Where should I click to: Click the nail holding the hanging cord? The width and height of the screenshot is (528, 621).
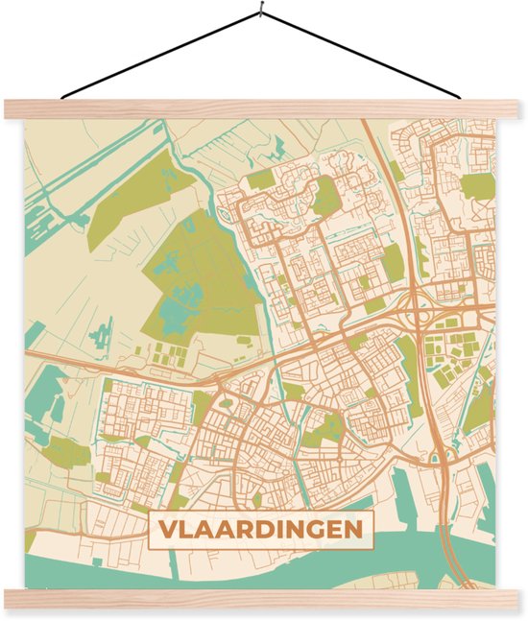click(262, 12)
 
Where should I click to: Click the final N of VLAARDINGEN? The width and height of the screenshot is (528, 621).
click(354, 531)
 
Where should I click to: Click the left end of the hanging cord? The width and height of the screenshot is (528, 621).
click(62, 97)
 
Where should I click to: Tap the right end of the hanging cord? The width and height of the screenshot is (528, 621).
click(465, 97)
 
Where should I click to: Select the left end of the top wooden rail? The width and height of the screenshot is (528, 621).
click(8, 108)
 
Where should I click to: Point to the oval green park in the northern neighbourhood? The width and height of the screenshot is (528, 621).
click(327, 198)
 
